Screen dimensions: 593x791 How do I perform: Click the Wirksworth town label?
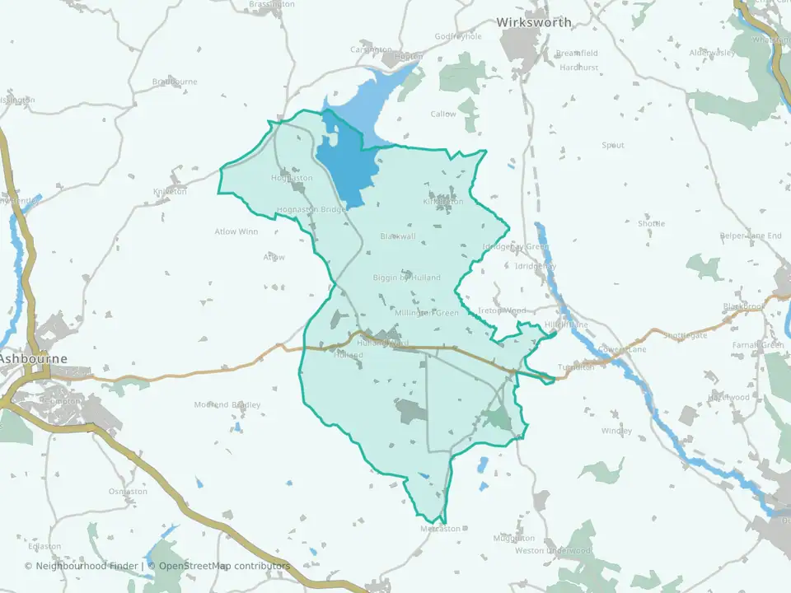[x=533, y=22]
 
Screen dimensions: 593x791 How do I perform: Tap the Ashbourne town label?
[x=34, y=359]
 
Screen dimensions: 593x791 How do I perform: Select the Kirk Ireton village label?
[x=443, y=201]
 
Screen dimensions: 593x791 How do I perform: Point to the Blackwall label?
[x=398, y=236]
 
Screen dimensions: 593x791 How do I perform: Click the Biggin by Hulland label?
[x=406, y=278]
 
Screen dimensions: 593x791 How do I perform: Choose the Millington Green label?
[x=426, y=313]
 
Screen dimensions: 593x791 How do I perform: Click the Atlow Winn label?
[x=236, y=231]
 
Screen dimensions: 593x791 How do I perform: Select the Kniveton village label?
[x=171, y=192]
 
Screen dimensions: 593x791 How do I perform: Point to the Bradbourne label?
[x=176, y=82]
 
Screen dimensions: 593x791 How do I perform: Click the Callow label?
[x=442, y=114]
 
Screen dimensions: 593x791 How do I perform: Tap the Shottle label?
[x=651, y=223]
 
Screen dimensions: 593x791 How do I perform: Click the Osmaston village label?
[x=128, y=492]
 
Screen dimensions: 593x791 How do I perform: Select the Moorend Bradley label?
[x=227, y=404]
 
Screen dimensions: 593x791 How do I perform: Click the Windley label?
[x=616, y=431]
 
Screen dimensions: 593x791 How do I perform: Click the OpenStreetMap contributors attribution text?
[x=224, y=566]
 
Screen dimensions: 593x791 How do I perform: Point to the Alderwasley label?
[x=712, y=52]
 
